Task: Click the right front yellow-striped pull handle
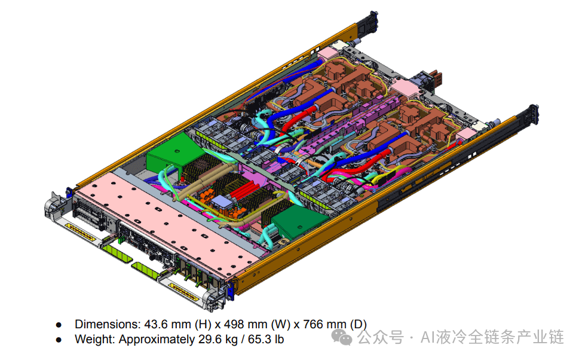point(185,291)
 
